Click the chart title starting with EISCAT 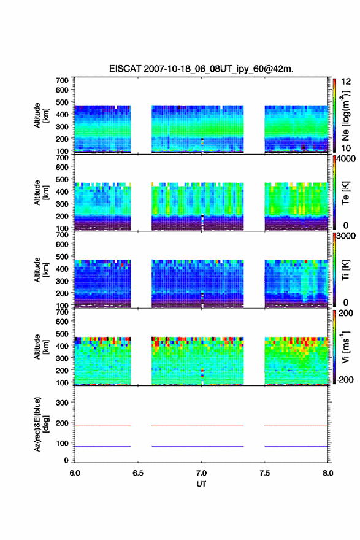click(x=201, y=69)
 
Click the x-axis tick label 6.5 click(x=138, y=473)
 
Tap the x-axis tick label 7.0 click(x=201, y=473)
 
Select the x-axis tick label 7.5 click(x=265, y=473)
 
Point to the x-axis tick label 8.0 click(x=328, y=473)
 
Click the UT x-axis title click(x=201, y=484)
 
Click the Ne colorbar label click(x=346, y=116)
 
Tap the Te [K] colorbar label click(x=346, y=193)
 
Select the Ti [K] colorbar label click(x=346, y=270)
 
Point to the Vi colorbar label click(x=346, y=347)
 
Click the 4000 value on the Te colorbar click(x=346, y=159)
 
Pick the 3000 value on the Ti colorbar click(x=346, y=236)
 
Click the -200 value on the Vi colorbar click(x=345, y=379)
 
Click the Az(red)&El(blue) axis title click(x=41, y=424)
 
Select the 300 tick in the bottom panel click(x=62, y=403)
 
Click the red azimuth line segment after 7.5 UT click(x=296, y=426)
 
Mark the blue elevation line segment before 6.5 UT click(x=103, y=446)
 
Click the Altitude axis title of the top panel click(x=41, y=115)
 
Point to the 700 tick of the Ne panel click(x=62, y=80)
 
